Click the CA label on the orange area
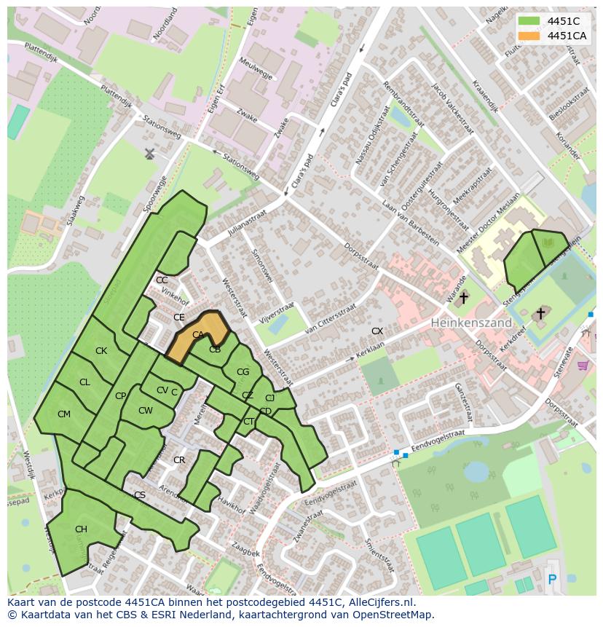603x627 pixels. click(198, 335)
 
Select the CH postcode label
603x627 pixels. click(81, 529)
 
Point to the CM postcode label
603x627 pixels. click(64, 414)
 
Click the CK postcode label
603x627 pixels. click(101, 351)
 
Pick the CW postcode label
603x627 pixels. click(146, 411)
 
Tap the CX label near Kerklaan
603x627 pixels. click(377, 331)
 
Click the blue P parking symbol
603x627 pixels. click(551, 580)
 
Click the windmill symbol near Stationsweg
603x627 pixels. click(150, 154)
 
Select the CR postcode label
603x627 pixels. click(179, 460)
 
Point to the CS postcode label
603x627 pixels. click(140, 495)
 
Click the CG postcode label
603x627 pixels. click(243, 372)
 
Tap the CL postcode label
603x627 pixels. click(84, 382)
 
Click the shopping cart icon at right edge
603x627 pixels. click(583, 365)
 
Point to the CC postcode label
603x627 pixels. click(162, 280)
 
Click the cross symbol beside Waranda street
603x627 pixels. click(463, 298)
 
